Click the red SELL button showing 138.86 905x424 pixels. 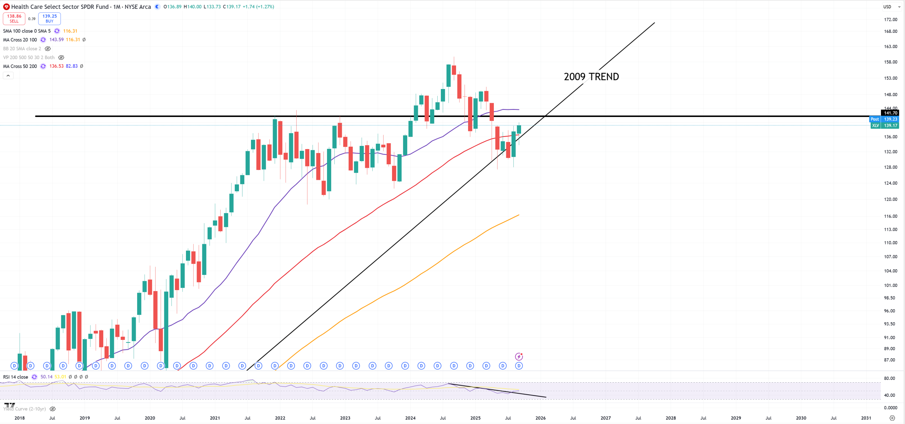click(x=14, y=18)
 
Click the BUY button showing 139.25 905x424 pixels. click(x=49, y=18)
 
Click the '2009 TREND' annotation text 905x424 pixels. click(x=591, y=77)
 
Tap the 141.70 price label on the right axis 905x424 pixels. click(x=890, y=113)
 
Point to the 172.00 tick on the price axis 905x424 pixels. click(x=890, y=19)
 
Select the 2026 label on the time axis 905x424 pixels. click(x=540, y=418)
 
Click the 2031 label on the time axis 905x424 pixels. click(x=866, y=418)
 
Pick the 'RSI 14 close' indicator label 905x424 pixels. click(x=16, y=377)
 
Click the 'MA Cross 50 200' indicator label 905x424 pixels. click(x=20, y=66)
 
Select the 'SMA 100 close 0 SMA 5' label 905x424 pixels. click(x=27, y=31)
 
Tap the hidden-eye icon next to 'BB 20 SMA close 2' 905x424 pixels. click(x=48, y=49)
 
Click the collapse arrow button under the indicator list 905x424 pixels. click(x=8, y=76)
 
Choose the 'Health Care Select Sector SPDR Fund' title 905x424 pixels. click(x=60, y=7)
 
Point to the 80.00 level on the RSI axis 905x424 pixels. click(x=889, y=378)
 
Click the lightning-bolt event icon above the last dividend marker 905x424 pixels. click(x=519, y=357)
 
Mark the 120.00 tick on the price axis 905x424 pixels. click(x=890, y=199)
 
